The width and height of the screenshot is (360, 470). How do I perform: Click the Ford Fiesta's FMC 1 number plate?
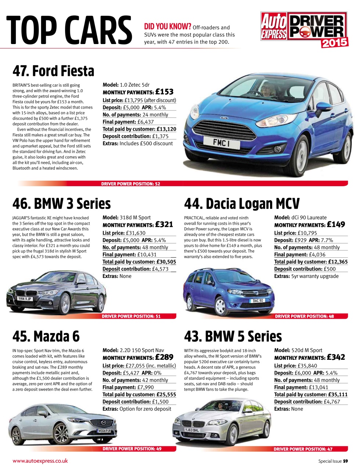pyautogui.click(x=222, y=142)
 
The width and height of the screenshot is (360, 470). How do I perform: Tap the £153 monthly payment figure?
pyautogui.click(x=164, y=92)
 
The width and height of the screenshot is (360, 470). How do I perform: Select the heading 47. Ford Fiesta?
pyautogui.click(x=53, y=71)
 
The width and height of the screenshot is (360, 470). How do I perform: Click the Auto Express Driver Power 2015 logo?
pyautogui.click(x=304, y=30)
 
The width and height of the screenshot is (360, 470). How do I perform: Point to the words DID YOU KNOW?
pyautogui.click(x=168, y=26)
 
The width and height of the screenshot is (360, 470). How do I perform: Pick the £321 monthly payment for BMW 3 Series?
pyautogui.click(x=164, y=224)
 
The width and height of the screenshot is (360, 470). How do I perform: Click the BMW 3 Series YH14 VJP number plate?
pyautogui.click(x=25, y=299)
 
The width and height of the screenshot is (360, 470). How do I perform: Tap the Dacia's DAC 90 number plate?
pyautogui.click(x=258, y=301)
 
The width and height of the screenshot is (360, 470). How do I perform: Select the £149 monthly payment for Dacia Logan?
pyautogui.click(x=336, y=224)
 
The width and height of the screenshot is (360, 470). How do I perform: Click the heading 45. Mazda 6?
pyautogui.click(x=46, y=336)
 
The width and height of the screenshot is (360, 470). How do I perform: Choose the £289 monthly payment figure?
pyautogui.click(x=164, y=357)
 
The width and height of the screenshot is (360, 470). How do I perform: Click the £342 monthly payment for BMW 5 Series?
pyautogui.click(x=336, y=357)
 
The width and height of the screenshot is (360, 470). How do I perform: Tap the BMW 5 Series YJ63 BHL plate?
pyautogui.click(x=192, y=430)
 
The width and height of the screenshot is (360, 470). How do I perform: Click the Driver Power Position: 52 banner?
pyautogui.click(x=131, y=184)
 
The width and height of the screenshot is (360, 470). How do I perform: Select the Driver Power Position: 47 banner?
pyautogui.click(x=303, y=449)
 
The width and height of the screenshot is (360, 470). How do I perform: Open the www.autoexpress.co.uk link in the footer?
pyautogui.click(x=40, y=461)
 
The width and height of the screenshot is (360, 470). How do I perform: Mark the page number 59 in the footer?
pyautogui.click(x=345, y=461)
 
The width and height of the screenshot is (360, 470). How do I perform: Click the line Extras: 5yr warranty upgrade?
pyautogui.click(x=306, y=276)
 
